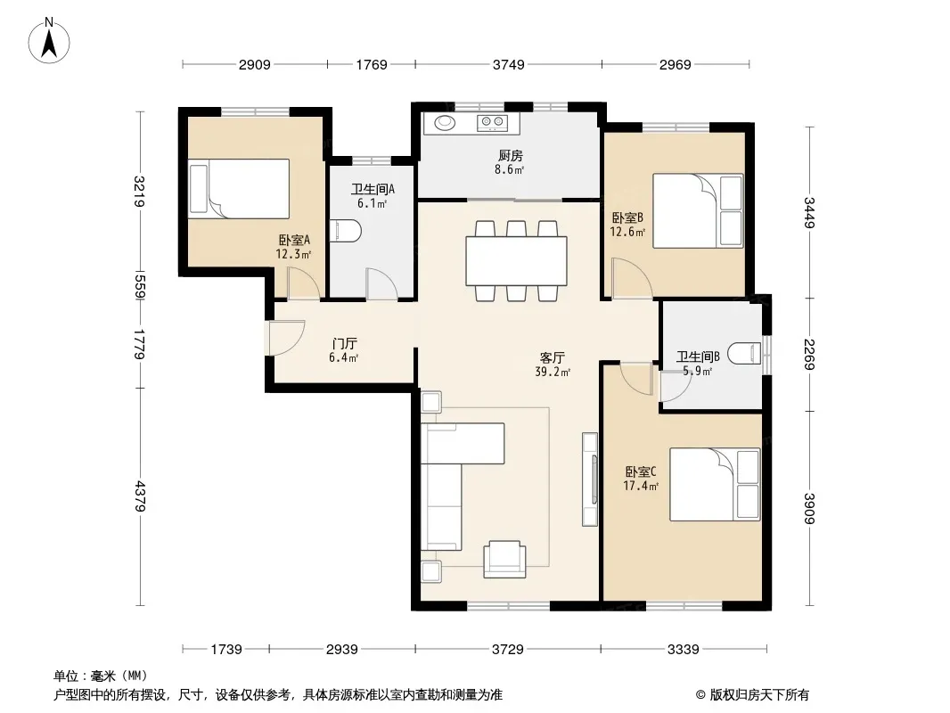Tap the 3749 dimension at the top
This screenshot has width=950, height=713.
coord(508,65)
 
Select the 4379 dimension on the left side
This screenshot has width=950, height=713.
coord(141,496)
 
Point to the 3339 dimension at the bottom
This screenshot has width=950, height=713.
coord(683,650)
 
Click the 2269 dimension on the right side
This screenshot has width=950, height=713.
coord(809,355)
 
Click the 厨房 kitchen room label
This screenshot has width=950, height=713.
coord(510,156)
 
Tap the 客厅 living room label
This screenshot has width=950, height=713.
coord(552,357)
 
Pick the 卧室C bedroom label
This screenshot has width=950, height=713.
coord(641,471)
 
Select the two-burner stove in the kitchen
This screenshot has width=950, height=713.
coord(492,122)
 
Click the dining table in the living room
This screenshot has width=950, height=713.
coord(516,261)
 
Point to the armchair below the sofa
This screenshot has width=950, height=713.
coord(504,559)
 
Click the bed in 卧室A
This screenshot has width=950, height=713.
coord(239,188)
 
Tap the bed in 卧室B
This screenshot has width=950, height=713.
coord(698,211)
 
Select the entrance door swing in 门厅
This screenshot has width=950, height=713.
coord(286,338)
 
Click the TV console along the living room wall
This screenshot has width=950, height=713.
coord(590,479)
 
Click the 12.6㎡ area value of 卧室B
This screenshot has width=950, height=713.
coord(627,232)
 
